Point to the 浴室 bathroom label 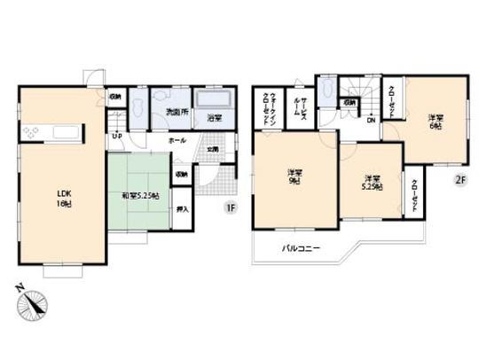214,116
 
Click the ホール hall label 177,141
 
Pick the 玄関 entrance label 213,150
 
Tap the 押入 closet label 181,210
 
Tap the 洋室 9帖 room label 293,176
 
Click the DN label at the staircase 371,121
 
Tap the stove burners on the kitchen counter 33,134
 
